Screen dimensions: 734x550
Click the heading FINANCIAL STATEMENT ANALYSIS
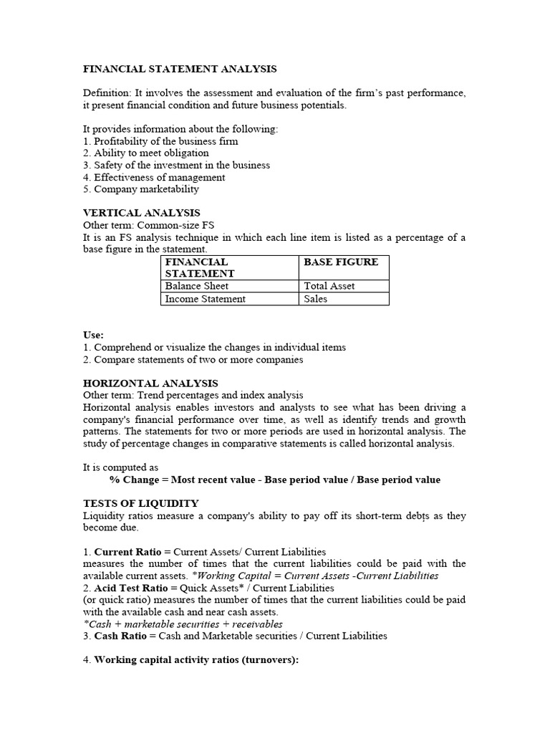coord(180,69)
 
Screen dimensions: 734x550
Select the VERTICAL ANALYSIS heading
coord(142,213)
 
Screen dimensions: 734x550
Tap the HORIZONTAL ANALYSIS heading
coord(151,383)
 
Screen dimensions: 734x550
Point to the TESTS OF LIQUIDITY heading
coord(141,503)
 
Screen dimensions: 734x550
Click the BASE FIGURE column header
coord(341,262)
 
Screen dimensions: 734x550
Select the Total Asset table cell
coord(329,286)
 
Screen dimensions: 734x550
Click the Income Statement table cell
coord(205,299)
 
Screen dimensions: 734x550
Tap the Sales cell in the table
coord(315,299)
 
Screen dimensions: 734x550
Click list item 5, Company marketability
coord(141,189)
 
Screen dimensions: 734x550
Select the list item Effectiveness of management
coord(154,177)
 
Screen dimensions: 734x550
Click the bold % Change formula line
coord(275,480)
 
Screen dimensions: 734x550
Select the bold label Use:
coord(93,335)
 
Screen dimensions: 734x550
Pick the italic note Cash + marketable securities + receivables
coord(183,624)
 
